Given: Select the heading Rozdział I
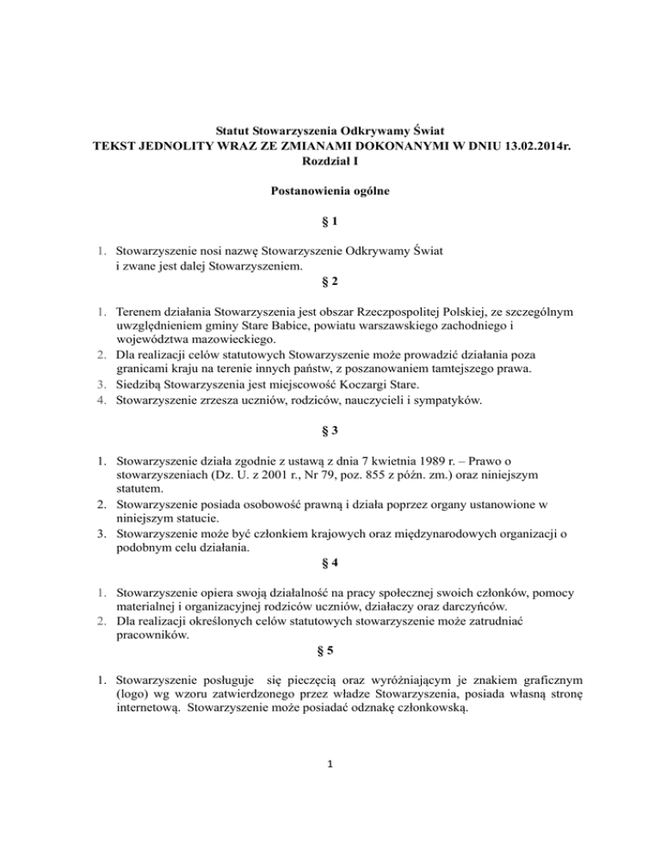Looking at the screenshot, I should [330, 162].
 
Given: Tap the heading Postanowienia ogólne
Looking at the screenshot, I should [330, 194].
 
